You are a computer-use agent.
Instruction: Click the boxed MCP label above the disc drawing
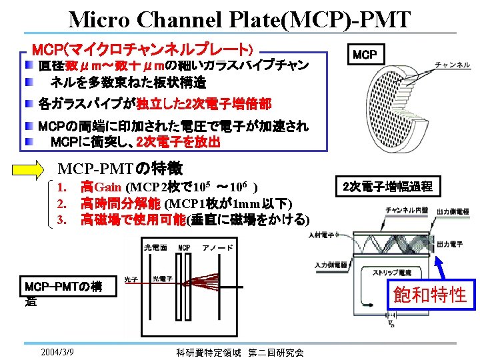point(365,54)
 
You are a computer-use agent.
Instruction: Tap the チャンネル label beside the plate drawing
point(453,65)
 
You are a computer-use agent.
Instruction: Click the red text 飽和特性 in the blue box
point(430,294)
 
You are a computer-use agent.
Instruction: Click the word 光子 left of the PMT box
point(131,279)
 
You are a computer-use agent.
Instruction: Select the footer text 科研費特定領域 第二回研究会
point(240,351)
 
